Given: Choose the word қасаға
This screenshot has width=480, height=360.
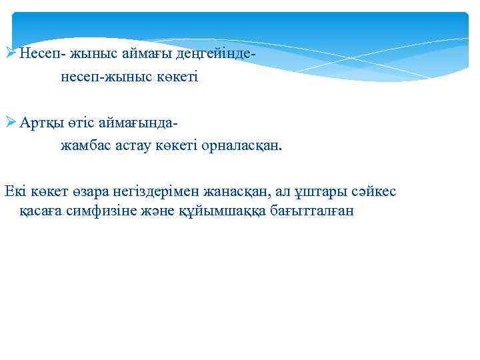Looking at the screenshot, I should click(x=40, y=211).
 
